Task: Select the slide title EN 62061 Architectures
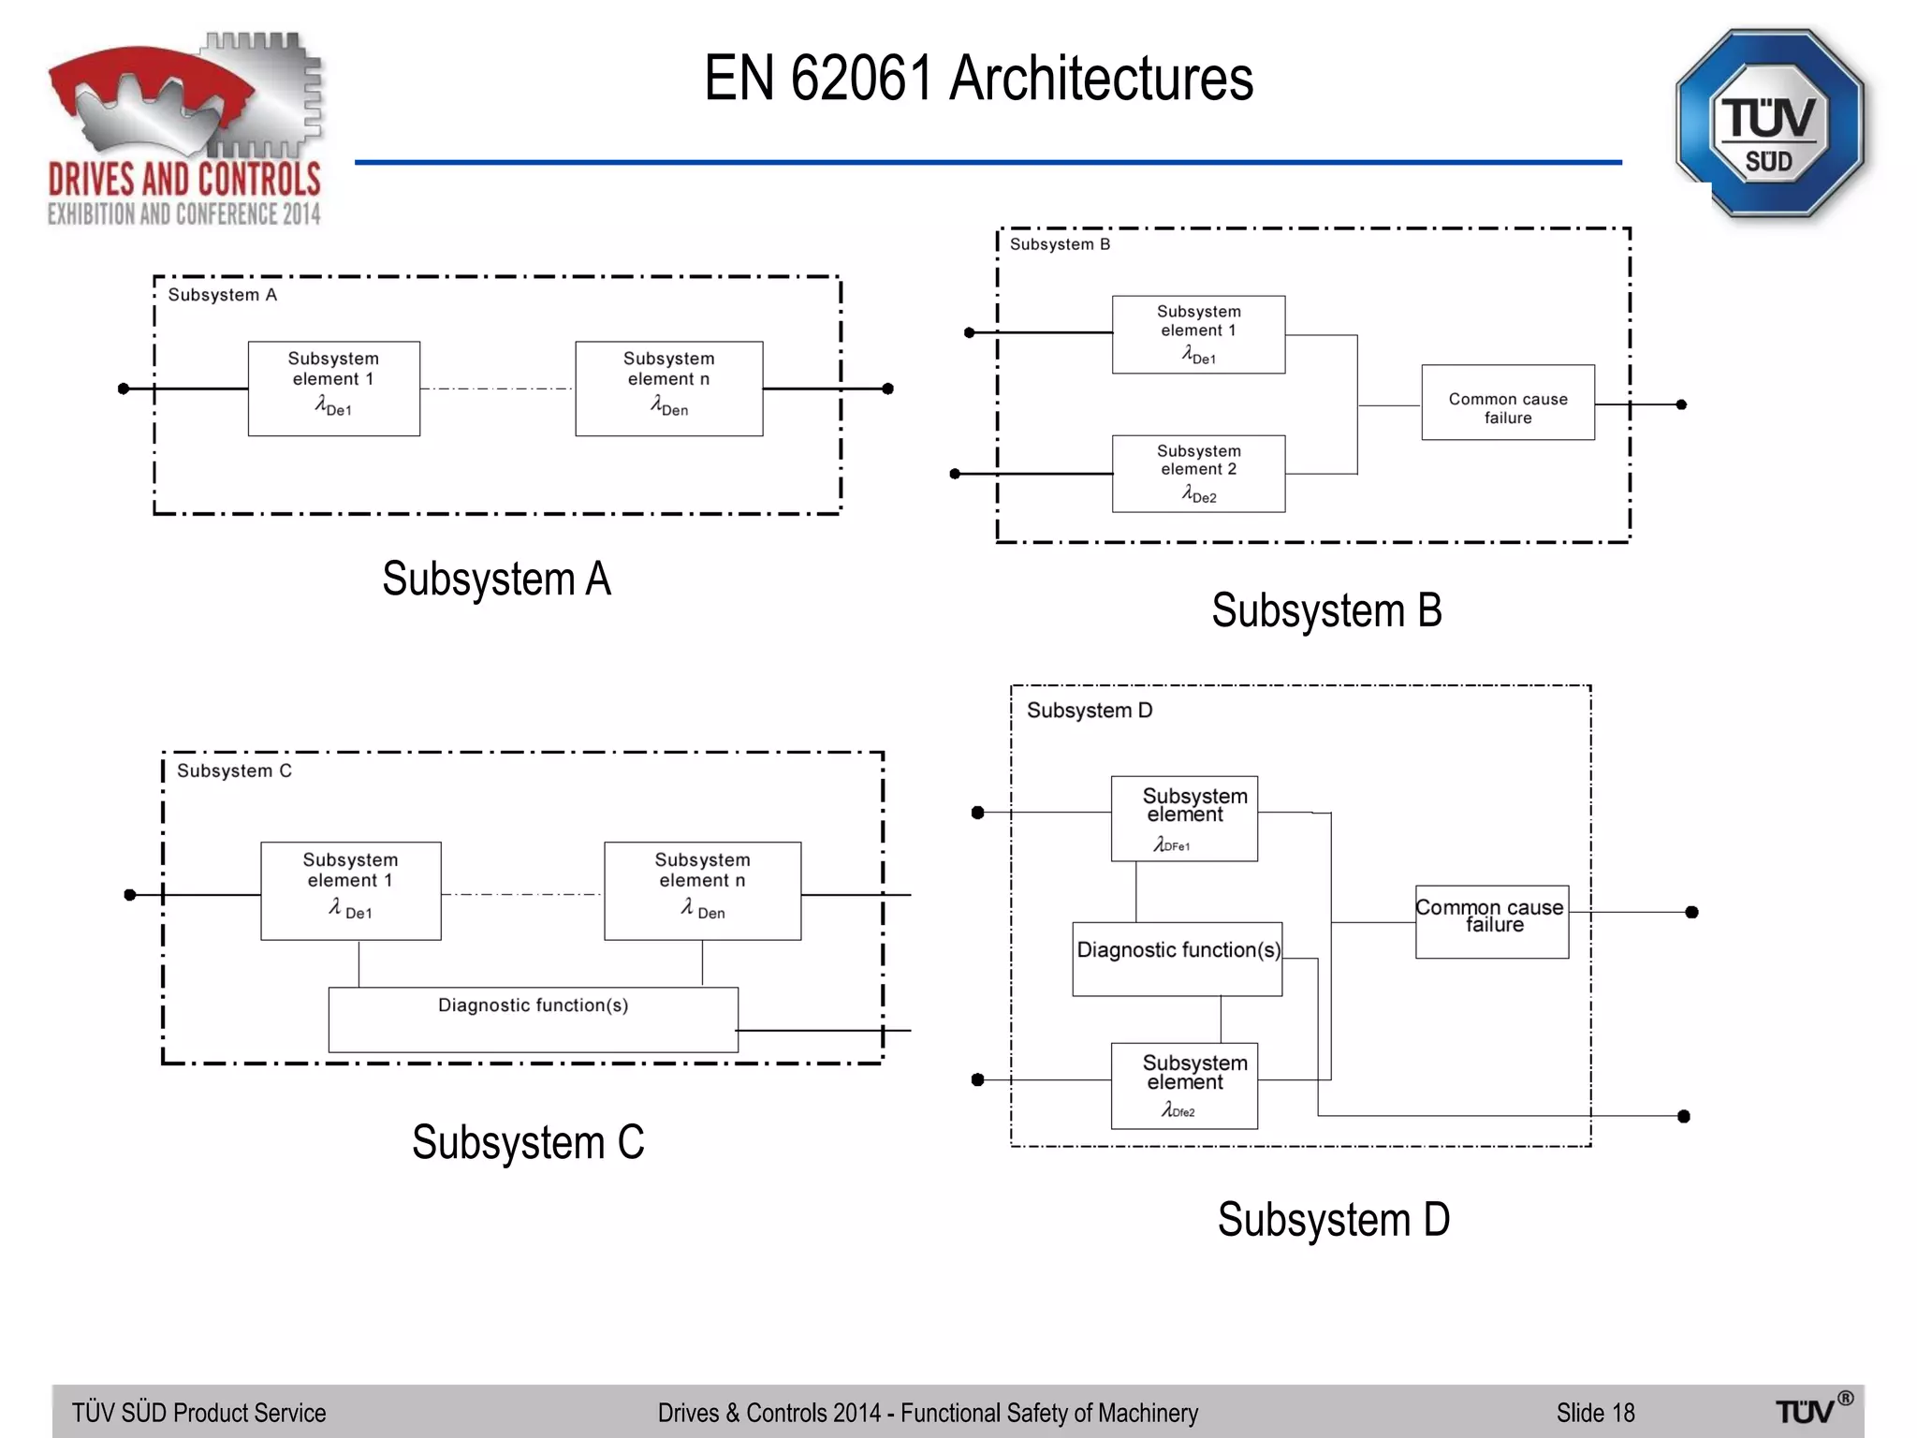coord(978,78)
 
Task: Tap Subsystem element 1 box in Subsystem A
coord(333,388)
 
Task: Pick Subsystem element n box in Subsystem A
coord(668,388)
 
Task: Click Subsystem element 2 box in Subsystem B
coord(1198,473)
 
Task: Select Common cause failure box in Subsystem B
coord(1507,403)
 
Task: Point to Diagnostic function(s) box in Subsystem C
coord(533,1019)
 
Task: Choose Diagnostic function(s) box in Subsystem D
coord(1177,959)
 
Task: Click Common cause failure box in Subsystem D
coord(1491,921)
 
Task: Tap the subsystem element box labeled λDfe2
coord(1183,1085)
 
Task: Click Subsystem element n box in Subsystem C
coord(702,889)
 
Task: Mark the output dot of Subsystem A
coord(887,389)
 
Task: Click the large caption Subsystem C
coord(528,1142)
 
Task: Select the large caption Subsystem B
coord(1326,610)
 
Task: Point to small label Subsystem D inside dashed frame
coord(1090,711)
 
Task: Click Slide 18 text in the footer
coord(1595,1413)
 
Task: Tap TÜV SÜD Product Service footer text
coord(198,1413)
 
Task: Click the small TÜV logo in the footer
coord(1812,1409)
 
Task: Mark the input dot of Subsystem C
coord(130,895)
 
